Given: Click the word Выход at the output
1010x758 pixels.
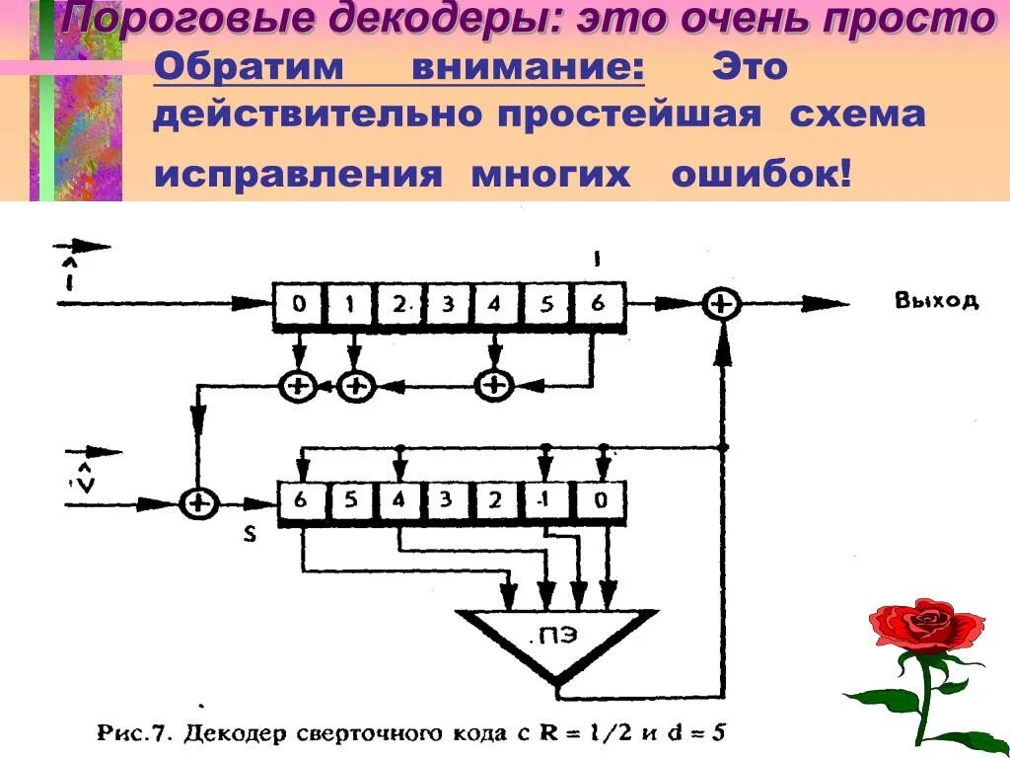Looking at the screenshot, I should click(936, 301).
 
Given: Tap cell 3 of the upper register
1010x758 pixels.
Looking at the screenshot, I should click(448, 305).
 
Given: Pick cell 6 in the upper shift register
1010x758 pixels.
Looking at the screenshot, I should click(598, 305).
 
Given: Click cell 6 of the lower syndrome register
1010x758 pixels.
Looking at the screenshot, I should click(301, 500).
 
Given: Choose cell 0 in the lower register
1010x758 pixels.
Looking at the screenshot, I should click(600, 500).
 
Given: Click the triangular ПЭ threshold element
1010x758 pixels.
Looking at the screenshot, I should click(555, 642).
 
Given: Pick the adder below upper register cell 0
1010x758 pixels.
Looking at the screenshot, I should click(298, 385).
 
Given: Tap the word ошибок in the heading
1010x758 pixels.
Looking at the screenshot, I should click(759, 174).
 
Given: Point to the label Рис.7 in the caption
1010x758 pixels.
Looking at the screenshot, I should click(134, 734).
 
